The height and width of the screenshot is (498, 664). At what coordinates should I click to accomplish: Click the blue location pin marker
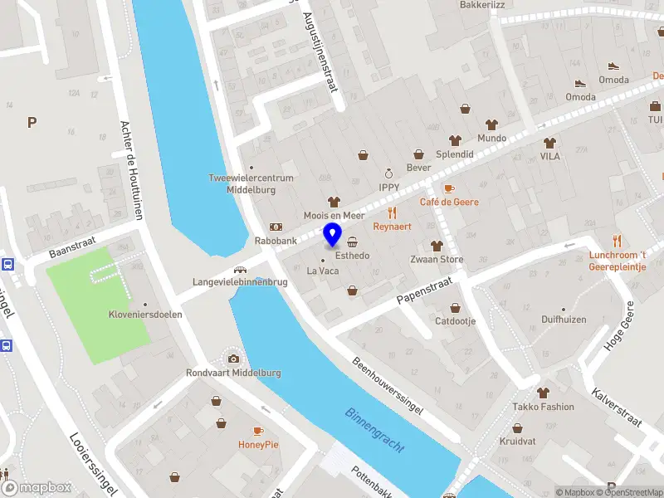click(x=333, y=235)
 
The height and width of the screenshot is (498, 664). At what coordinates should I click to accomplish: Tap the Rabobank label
click(x=276, y=242)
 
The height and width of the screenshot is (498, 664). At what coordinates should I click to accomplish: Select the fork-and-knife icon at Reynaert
click(x=393, y=212)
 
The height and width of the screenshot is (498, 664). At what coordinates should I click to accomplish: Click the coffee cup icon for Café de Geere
click(x=449, y=188)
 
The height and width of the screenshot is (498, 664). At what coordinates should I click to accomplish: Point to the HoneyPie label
click(x=260, y=444)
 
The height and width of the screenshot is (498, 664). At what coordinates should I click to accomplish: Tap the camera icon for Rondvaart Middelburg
click(x=234, y=359)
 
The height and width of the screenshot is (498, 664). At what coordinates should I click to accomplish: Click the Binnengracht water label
click(x=375, y=430)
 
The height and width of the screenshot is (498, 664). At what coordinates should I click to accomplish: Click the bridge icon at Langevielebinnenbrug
click(x=240, y=269)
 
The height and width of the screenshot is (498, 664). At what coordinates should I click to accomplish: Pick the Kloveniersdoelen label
click(x=145, y=315)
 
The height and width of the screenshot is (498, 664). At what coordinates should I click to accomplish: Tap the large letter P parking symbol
click(x=32, y=123)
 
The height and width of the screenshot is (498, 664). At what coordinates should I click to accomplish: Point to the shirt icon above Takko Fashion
click(x=543, y=393)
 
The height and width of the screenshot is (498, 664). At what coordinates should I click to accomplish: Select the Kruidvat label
click(x=517, y=442)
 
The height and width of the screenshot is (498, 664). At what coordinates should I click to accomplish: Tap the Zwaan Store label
click(x=437, y=259)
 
